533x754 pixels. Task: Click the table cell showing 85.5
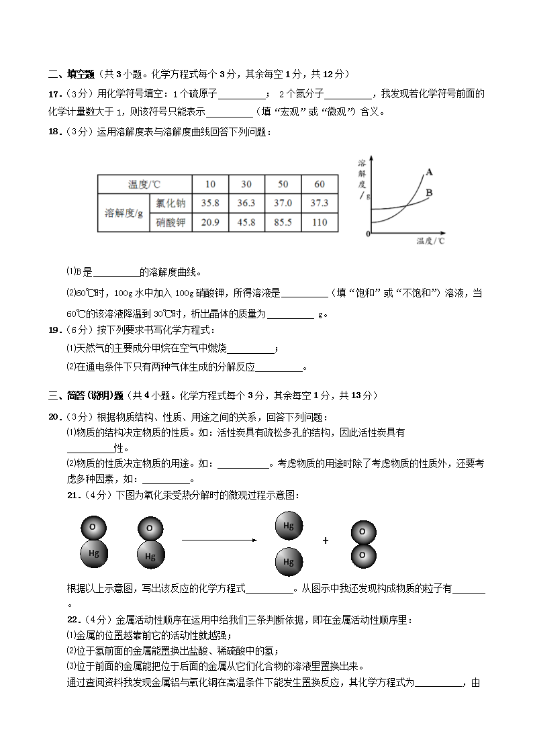click(283, 222)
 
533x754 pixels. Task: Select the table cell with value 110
click(320, 222)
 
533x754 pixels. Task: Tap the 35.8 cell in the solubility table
click(211, 203)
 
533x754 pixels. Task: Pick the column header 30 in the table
click(246, 184)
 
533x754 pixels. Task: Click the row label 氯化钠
click(171, 203)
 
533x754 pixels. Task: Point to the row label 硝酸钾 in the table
click(171, 222)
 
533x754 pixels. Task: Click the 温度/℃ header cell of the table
click(144, 184)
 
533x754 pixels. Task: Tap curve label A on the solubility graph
click(429, 172)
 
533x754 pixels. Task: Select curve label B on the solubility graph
click(429, 193)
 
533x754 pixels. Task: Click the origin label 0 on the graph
click(368, 234)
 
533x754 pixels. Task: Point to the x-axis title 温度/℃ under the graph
click(430, 240)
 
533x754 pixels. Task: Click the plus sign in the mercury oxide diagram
click(326, 540)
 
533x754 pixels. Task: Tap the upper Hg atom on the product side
click(289, 526)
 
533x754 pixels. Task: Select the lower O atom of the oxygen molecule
click(362, 555)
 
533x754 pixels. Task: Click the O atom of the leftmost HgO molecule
click(92, 527)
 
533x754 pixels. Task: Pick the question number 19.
click(55, 330)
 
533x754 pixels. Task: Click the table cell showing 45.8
click(246, 222)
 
